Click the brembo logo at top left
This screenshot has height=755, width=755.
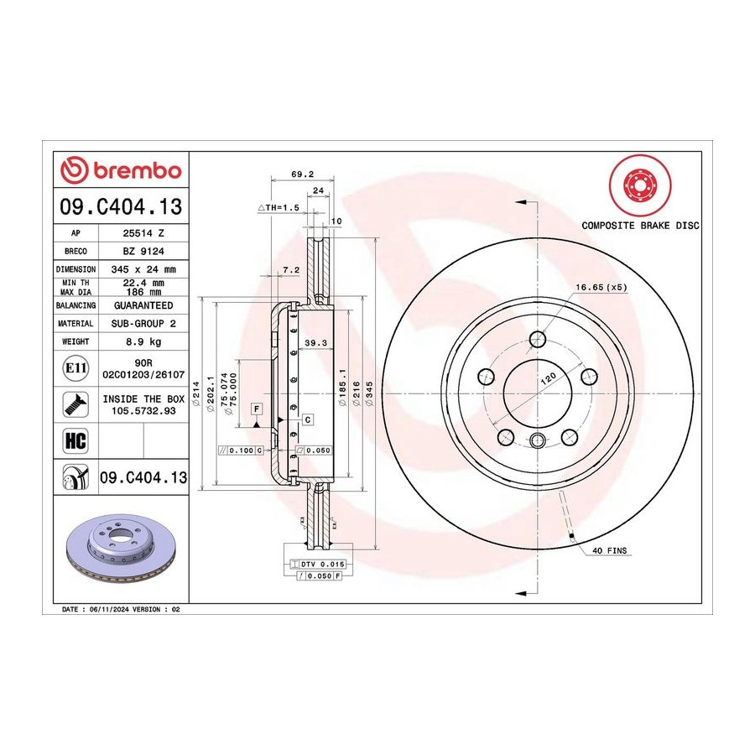(121, 170)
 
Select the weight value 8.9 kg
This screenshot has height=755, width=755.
(143, 342)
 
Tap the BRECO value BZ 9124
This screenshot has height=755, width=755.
(143, 252)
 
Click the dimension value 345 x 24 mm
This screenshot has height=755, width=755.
(143, 269)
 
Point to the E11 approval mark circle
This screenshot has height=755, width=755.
(75, 368)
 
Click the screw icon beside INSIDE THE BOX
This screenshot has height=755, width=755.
(75, 404)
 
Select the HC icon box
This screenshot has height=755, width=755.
(75, 440)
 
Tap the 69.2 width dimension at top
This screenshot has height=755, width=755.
(302, 174)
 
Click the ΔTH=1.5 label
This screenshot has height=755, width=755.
(279, 207)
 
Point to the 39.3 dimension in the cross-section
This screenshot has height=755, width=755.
(316, 343)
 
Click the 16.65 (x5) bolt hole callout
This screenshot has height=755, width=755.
(601, 288)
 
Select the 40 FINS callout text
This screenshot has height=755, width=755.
(610, 550)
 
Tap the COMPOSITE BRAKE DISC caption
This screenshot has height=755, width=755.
(640, 226)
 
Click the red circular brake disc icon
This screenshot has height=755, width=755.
(640, 185)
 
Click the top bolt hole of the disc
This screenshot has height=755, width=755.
(537, 339)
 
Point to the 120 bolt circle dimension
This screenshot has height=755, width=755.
(548, 378)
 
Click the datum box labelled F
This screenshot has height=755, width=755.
(258, 409)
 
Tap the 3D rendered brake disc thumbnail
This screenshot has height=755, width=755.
(122, 548)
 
